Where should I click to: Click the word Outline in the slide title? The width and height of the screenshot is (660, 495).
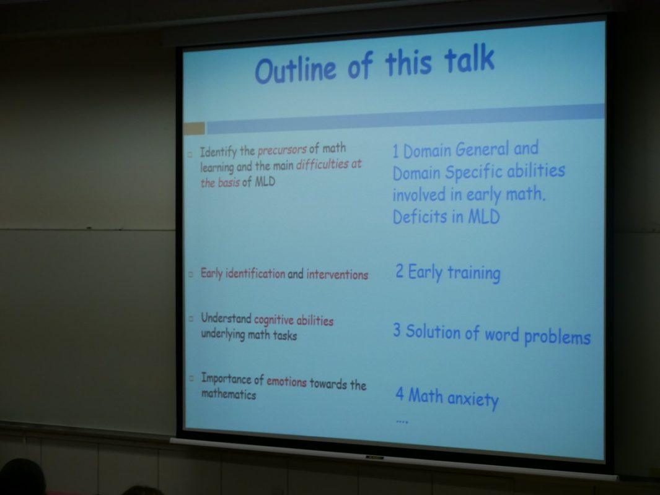[x=296, y=69]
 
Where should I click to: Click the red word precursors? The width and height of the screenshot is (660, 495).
[x=282, y=150]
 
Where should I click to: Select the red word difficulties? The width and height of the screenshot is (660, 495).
[x=322, y=165]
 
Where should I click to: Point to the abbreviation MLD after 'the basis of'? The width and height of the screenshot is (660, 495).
[x=265, y=181]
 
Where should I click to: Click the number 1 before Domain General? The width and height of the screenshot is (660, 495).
[x=395, y=152]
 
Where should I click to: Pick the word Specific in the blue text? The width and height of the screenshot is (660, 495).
[x=473, y=173]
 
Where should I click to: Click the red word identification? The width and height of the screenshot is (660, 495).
[x=255, y=274]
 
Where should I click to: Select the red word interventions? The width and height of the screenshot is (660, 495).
[x=337, y=275]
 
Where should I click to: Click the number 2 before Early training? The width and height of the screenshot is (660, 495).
[x=400, y=271]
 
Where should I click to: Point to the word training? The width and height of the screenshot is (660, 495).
[x=473, y=273]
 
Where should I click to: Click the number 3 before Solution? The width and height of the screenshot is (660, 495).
[x=397, y=330]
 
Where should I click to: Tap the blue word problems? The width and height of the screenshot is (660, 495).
[x=557, y=337]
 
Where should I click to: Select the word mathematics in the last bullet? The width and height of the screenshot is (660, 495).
[x=229, y=394]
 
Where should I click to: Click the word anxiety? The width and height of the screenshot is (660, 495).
[x=473, y=398]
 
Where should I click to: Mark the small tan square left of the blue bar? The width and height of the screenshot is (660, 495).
[x=195, y=128]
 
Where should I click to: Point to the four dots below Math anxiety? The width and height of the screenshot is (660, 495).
[x=402, y=421]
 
